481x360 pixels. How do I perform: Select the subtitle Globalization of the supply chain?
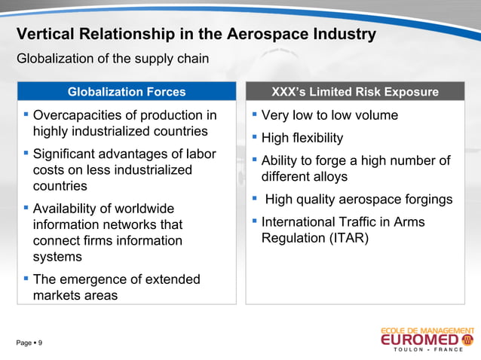pyautogui.click(x=112, y=59)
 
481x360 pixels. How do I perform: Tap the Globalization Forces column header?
pyautogui.click(x=126, y=92)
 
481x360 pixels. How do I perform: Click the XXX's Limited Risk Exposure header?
pyautogui.click(x=355, y=92)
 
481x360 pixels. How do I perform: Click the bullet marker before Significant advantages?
pyautogui.click(x=26, y=154)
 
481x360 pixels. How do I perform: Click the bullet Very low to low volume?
pyautogui.click(x=329, y=115)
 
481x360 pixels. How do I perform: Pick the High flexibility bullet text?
pyautogui.click(x=302, y=138)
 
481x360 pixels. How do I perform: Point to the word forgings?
pyautogui.click(x=424, y=200)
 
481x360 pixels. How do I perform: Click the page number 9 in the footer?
pyautogui.click(x=40, y=343)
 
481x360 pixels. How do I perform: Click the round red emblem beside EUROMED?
pyautogui.click(x=467, y=341)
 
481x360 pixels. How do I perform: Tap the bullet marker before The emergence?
pyautogui.click(x=26, y=279)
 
